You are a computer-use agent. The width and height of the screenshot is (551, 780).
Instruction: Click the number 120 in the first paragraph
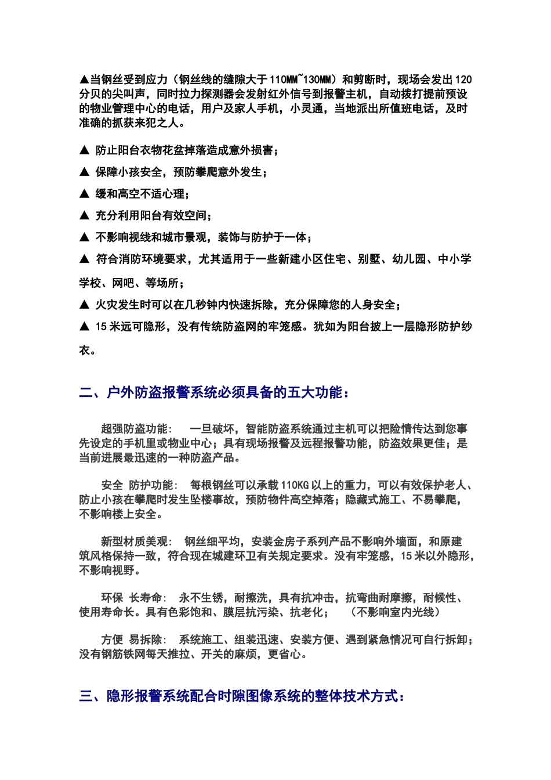click(x=463, y=80)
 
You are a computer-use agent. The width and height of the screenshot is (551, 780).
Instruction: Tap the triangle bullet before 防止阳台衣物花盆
click(x=84, y=150)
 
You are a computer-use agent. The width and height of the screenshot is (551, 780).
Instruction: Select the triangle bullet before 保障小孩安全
click(x=84, y=172)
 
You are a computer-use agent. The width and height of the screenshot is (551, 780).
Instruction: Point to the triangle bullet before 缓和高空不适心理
click(x=84, y=194)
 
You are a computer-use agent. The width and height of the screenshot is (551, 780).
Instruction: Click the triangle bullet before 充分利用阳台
click(x=84, y=216)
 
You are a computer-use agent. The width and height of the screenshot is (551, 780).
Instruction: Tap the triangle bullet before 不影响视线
click(x=84, y=237)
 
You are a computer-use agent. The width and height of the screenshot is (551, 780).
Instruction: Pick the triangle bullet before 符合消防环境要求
click(x=84, y=259)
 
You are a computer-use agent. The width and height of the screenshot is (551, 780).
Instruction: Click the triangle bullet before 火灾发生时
click(x=84, y=305)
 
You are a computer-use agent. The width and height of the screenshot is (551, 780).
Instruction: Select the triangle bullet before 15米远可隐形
click(x=84, y=327)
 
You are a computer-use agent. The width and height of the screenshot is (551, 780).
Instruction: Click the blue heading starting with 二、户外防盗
click(x=215, y=393)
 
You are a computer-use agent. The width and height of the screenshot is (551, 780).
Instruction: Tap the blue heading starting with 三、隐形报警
click(x=242, y=696)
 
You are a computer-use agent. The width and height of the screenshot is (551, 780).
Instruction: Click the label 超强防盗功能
click(x=135, y=429)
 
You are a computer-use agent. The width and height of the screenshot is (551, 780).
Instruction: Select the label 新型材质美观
click(x=135, y=541)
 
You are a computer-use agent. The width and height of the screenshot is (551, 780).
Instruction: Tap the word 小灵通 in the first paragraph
click(x=307, y=109)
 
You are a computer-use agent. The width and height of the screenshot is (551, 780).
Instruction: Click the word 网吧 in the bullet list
click(x=123, y=283)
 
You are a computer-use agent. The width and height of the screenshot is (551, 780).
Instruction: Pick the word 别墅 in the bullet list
click(x=369, y=259)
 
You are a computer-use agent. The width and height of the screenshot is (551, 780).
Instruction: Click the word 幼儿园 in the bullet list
click(x=409, y=259)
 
